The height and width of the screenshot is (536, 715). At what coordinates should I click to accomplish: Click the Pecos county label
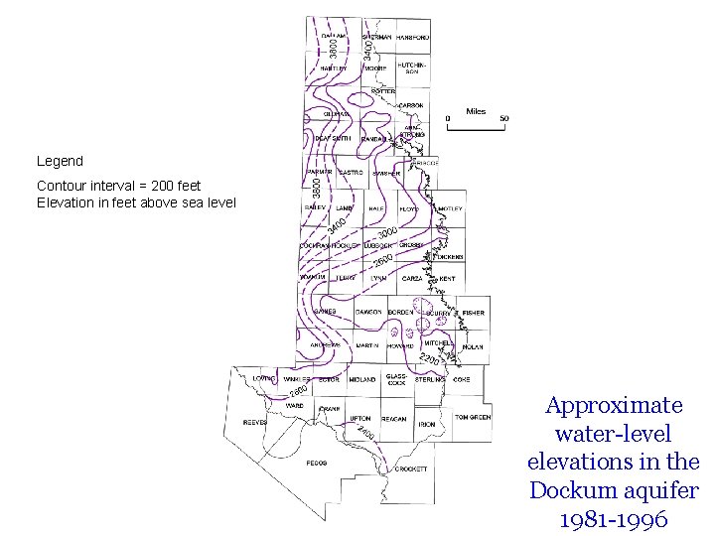point(317,464)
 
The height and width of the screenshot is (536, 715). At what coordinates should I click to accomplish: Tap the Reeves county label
point(256,422)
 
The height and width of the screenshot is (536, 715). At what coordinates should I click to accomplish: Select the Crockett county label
point(411,469)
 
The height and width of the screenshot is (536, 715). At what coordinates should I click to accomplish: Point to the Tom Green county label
point(473,418)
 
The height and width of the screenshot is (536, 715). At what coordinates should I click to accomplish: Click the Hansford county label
point(412,37)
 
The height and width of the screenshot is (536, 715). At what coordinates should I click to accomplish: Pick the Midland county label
point(362,379)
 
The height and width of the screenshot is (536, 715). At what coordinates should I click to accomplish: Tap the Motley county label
point(450,209)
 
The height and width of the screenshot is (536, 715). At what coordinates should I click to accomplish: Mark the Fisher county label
point(474,313)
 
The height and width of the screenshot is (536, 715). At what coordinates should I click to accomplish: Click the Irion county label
point(427,425)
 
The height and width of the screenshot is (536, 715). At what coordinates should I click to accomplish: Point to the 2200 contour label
point(430,358)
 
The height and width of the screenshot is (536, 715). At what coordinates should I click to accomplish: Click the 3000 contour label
point(386,234)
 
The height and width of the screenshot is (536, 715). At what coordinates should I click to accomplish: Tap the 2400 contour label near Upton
point(365,433)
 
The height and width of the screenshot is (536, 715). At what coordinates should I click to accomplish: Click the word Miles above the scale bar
point(476,111)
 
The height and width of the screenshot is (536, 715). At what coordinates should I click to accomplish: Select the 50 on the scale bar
point(504,119)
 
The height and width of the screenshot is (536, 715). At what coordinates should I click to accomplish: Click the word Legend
point(60,161)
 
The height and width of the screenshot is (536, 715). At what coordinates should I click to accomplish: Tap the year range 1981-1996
point(614,519)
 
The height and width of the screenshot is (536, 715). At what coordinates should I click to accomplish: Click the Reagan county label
point(394,419)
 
